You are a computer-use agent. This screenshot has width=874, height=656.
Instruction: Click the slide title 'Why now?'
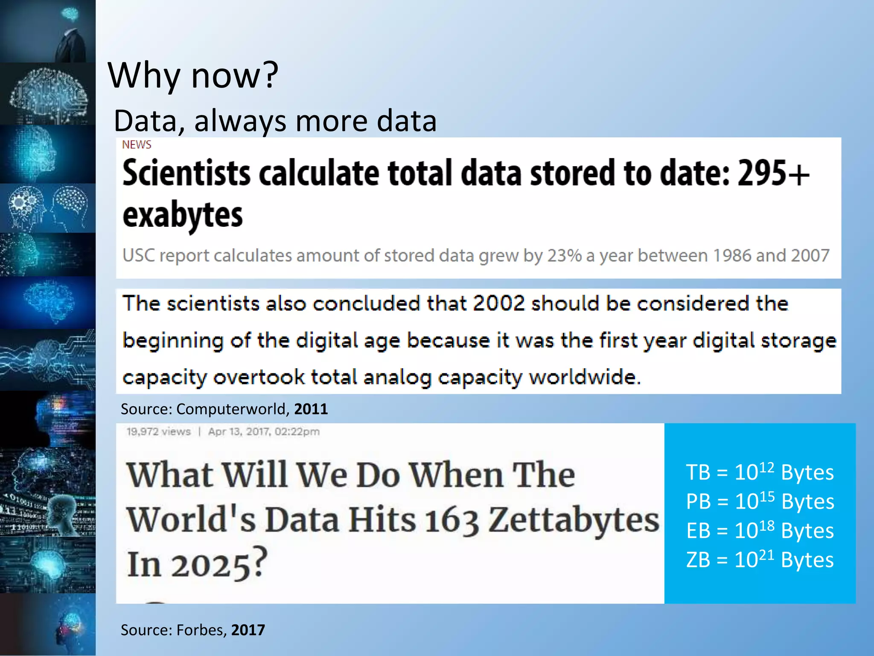click(193, 75)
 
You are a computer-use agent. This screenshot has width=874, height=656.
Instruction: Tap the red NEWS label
click(137, 145)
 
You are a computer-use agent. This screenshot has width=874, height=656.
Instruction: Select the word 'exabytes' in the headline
click(183, 215)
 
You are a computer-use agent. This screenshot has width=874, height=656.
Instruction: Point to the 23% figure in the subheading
click(565, 255)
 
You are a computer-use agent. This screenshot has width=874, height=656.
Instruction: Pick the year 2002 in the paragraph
click(498, 304)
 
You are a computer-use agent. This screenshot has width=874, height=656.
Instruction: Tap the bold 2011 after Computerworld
click(311, 409)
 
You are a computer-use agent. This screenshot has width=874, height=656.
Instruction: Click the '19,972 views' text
click(158, 432)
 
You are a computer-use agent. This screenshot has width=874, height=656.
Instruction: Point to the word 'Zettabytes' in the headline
click(574, 520)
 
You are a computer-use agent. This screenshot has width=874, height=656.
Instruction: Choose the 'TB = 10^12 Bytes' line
click(760, 472)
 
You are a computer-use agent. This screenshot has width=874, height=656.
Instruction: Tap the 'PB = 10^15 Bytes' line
click(760, 501)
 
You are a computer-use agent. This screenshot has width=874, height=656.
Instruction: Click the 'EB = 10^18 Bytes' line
click(760, 531)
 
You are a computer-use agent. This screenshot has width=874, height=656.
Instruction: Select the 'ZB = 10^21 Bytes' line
click(760, 560)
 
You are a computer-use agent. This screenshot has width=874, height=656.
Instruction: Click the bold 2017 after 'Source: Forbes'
click(248, 630)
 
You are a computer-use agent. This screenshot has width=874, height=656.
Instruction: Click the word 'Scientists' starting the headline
click(186, 173)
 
